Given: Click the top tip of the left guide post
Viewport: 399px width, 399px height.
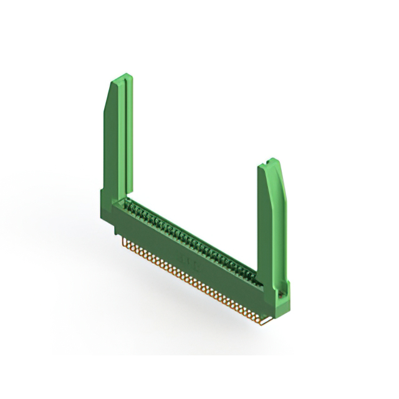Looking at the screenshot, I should [122, 77].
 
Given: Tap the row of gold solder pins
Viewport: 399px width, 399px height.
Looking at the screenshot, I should [193, 281].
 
